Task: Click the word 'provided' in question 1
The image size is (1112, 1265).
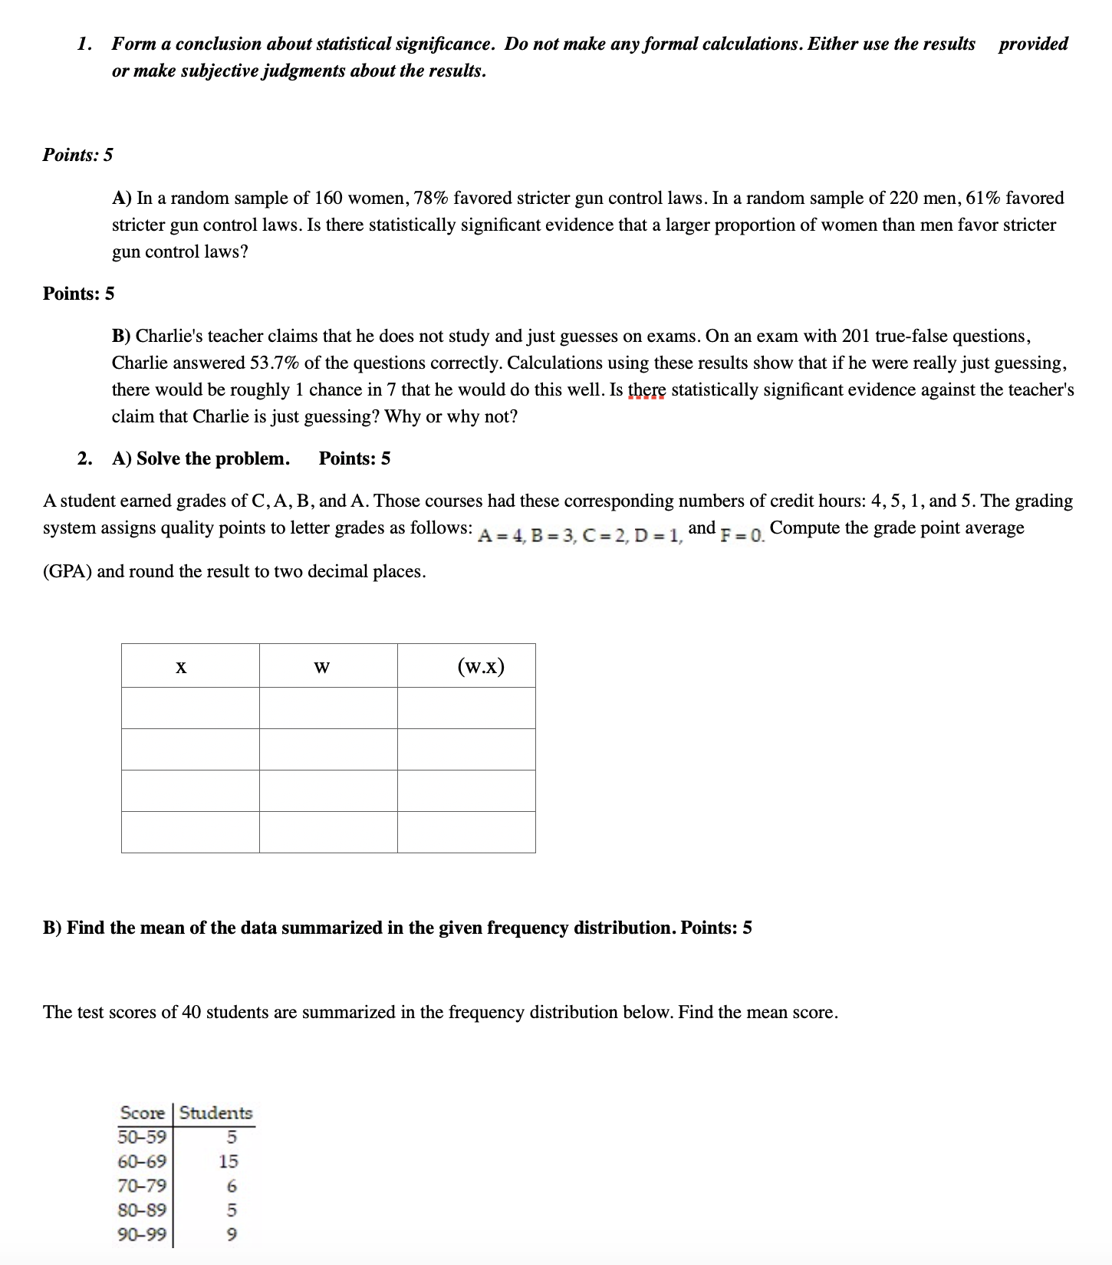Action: pyautogui.click(x=1032, y=44)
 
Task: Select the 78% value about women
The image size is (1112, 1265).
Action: pyautogui.click(x=431, y=198)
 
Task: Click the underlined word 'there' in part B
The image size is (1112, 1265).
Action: pyautogui.click(x=646, y=389)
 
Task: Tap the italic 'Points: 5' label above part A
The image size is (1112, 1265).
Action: pyautogui.click(x=77, y=155)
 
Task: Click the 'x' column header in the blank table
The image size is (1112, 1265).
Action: pyautogui.click(x=181, y=666)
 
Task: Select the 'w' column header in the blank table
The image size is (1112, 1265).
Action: pyautogui.click(x=321, y=666)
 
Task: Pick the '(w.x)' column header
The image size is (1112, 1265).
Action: pyautogui.click(x=481, y=666)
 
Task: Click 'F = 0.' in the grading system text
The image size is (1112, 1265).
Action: pyautogui.click(x=742, y=534)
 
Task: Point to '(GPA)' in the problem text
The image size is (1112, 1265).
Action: pyautogui.click(x=67, y=571)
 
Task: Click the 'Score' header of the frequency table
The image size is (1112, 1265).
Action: pyautogui.click(x=143, y=1112)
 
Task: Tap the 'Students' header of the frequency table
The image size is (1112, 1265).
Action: pyautogui.click(x=215, y=1112)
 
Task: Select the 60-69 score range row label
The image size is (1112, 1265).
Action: pyautogui.click(x=142, y=1161)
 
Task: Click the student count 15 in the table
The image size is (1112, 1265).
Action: pyautogui.click(x=229, y=1161)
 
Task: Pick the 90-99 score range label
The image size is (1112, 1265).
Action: pyautogui.click(x=142, y=1234)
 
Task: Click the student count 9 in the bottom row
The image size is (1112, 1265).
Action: pyautogui.click(x=232, y=1235)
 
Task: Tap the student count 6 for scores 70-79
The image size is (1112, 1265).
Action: pyautogui.click(x=232, y=1186)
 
